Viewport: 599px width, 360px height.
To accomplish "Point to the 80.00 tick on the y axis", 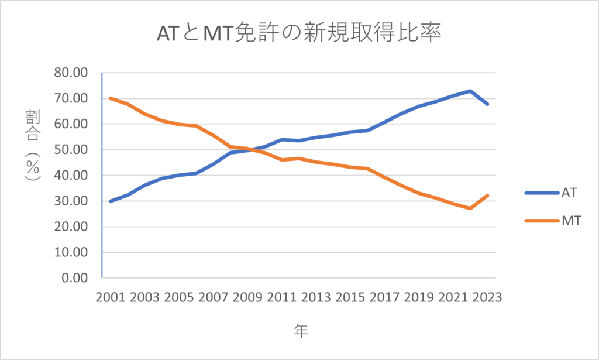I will click(70, 73).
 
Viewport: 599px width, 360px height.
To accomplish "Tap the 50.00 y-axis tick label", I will click(70, 150).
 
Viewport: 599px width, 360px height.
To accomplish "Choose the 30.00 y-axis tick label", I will click(70, 201).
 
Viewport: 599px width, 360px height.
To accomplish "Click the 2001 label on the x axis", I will click(111, 297).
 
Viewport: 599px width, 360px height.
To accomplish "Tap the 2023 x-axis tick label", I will click(487, 297).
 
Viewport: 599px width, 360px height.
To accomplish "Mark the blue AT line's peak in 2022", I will click(470, 91).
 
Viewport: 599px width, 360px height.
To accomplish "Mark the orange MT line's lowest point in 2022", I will click(470, 208).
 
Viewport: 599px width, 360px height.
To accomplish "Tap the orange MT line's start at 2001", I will click(111, 98).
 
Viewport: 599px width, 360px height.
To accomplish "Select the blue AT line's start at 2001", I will click(111, 201).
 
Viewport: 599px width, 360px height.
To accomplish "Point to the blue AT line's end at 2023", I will click(487, 104).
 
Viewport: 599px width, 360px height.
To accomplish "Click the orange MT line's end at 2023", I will click(487, 196).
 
